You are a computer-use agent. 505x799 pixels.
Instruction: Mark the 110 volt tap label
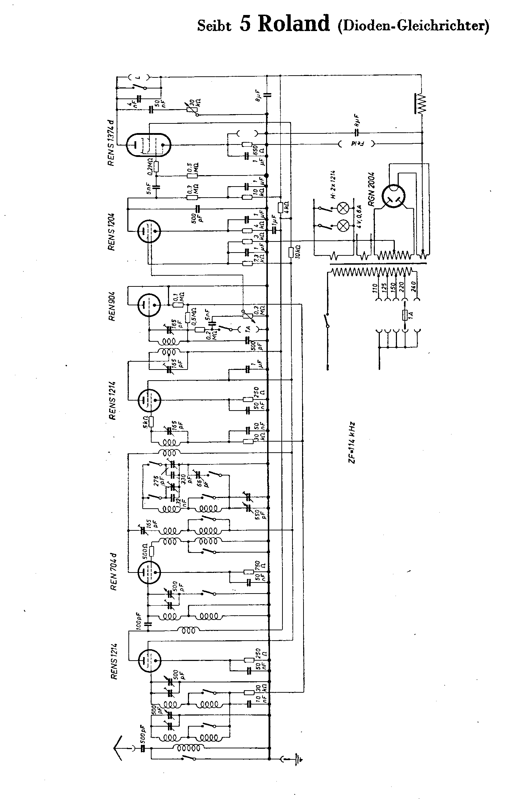pyautogui.click(x=375, y=288)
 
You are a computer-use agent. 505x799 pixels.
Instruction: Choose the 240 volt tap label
pyautogui.click(x=414, y=288)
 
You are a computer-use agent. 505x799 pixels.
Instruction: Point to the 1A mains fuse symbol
pyautogui.click(x=404, y=315)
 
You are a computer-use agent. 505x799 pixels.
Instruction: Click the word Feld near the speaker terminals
pyautogui.click(x=355, y=144)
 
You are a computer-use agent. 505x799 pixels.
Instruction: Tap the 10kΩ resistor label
pyautogui.click(x=297, y=253)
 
